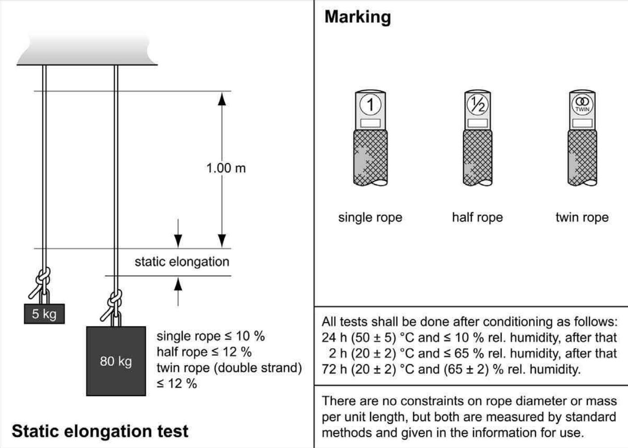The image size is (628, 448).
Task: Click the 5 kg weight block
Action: (44, 314)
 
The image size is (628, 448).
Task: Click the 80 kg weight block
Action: (116, 361)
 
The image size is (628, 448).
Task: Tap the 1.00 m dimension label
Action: (226, 168)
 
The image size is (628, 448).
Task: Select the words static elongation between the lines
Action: (182, 262)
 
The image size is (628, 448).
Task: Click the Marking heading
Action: (357, 17)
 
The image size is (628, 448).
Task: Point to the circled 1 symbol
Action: (370, 105)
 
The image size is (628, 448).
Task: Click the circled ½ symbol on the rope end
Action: (478, 104)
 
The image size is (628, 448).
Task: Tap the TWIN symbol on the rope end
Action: (582, 104)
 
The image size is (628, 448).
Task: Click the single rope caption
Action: (370, 218)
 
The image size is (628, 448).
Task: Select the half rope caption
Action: (477, 218)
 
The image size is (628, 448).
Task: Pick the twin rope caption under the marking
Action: (582, 218)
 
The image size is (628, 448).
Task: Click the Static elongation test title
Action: (100, 431)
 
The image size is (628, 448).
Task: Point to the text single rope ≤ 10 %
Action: (210, 336)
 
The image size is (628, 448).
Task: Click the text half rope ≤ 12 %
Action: (204, 352)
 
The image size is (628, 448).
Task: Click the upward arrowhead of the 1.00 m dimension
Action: (222, 98)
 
